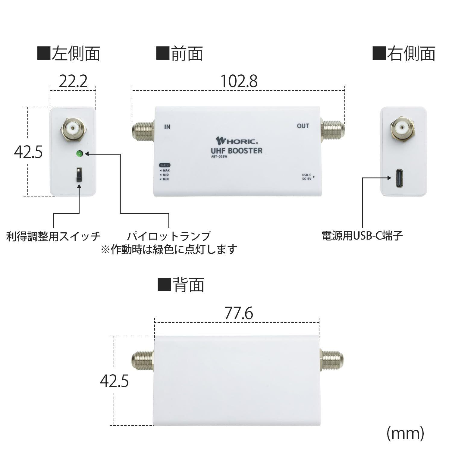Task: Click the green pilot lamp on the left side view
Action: click(x=80, y=154)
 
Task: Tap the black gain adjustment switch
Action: click(x=79, y=175)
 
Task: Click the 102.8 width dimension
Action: click(x=239, y=81)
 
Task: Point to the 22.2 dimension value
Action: click(x=73, y=81)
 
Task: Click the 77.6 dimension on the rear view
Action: click(x=239, y=314)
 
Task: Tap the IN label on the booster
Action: click(x=167, y=127)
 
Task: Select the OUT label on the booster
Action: click(x=303, y=126)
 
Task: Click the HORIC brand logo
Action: click(x=237, y=141)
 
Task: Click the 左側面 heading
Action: click(x=69, y=54)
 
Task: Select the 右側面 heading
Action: click(x=404, y=54)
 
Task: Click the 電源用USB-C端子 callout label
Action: click(x=362, y=236)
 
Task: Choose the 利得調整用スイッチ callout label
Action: click(x=53, y=236)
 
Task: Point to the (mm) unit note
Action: click(x=405, y=433)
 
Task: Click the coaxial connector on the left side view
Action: click(x=74, y=129)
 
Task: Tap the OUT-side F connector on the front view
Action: click(x=333, y=130)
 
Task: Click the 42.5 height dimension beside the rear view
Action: click(x=115, y=381)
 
